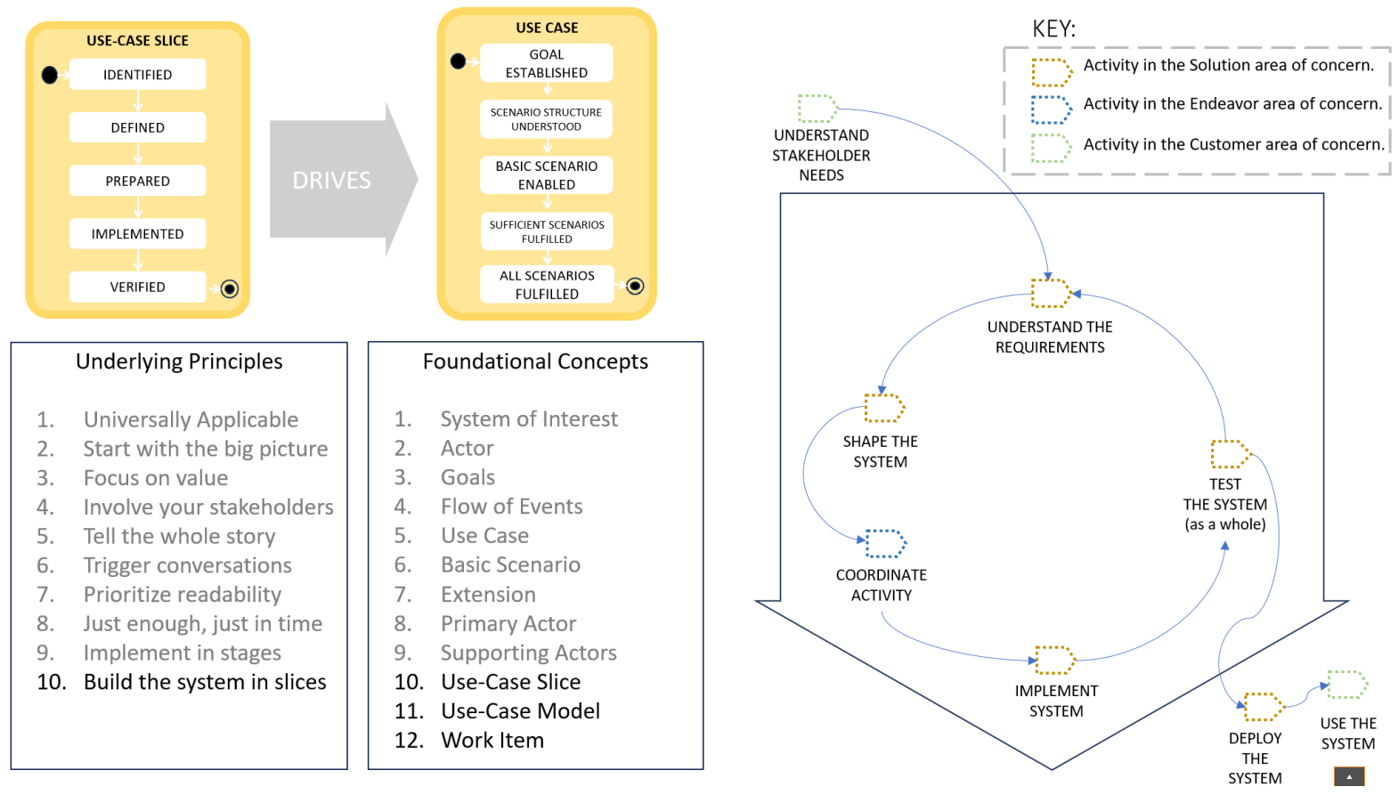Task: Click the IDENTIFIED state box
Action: pyautogui.click(x=137, y=75)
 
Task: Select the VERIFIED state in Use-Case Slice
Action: pyautogui.click(x=137, y=287)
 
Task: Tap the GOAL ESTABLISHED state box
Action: pyautogui.click(x=546, y=63)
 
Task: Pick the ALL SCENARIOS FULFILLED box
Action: pyautogui.click(x=546, y=285)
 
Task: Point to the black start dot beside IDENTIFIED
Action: pyautogui.click(x=50, y=75)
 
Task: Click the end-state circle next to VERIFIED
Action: pyautogui.click(x=230, y=288)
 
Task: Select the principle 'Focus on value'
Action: pyautogui.click(x=156, y=478)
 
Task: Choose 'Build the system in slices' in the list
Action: pyautogui.click(x=205, y=682)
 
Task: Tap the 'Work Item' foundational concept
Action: pyautogui.click(x=492, y=740)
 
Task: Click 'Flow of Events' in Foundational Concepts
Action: pyautogui.click(x=512, y=507)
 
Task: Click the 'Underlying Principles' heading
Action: pyautogui.click(x=179, y=361)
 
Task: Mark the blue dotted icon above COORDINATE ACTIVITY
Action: pyautogui.click(x=885, y=543)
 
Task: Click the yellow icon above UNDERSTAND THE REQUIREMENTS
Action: pyautogui.click(x=1051, y=292)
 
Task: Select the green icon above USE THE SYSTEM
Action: pyautogui.click(x=1346, y=685)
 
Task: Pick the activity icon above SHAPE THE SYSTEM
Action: pyautogui.click(x=884, y=408)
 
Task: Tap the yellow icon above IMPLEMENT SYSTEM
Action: pyautogui.click(x=1055, y=660)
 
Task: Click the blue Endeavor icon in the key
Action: pyautogui.click(x=1051, y=110)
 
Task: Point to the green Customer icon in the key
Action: pyautogui.click(x=1051, y=148)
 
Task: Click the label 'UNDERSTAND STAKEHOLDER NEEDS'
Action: pyautogui.click(x=821, y=155)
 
